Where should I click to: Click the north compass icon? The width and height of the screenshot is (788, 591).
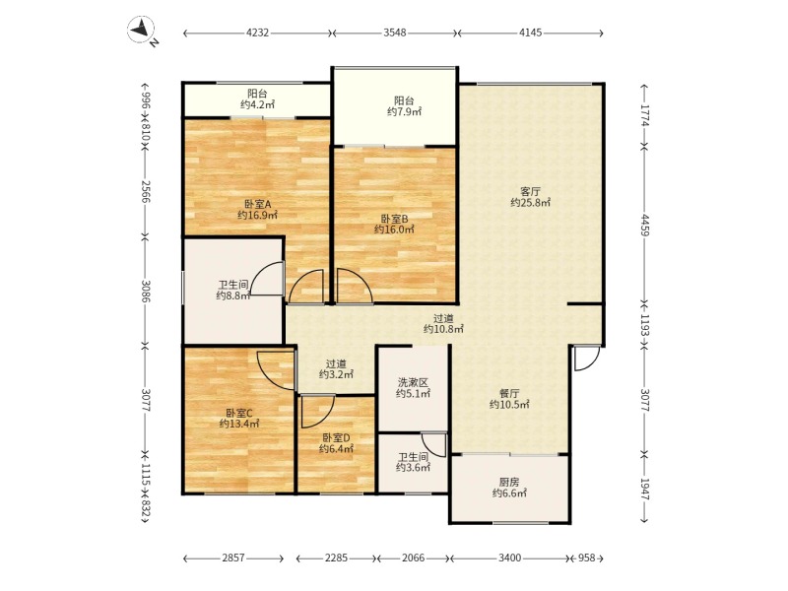click(142, 31)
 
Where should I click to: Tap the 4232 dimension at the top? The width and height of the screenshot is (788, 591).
click(257, 33)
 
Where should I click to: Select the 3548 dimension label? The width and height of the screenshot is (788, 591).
click(395, 33)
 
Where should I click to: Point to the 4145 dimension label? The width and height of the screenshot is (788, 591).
click(530, 33)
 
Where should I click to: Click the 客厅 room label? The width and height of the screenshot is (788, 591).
click(530, 191)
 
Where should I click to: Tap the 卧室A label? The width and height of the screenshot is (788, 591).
click(258, 204)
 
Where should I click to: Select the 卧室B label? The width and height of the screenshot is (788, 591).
click(395, 219)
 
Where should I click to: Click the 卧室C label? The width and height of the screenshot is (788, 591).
click(238, 413)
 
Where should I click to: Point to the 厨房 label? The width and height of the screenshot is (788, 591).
click(509, 483)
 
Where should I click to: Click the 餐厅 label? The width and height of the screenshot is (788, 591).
click(509, 393)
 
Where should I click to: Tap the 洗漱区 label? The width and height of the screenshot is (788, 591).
click(413, 383)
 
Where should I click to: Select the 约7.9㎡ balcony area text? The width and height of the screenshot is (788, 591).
click(404, 111)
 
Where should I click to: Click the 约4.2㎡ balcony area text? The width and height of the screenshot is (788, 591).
click(257, 104)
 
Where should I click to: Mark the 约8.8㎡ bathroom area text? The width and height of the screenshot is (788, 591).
click(233, 295)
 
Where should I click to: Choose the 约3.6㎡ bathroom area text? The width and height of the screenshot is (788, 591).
click(413, 468)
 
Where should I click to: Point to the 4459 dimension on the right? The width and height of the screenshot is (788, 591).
click(645, 226)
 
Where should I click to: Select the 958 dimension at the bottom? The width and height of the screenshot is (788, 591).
click(586, 558)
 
